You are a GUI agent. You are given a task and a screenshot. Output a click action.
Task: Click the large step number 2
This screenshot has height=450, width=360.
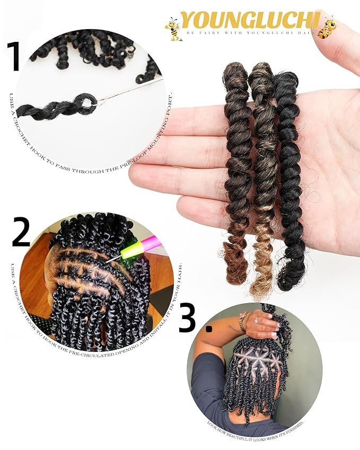pyautogui.click(x=21, y=233)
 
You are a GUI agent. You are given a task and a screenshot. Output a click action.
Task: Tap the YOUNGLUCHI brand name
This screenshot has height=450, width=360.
pyautogui.click(x=249, y=20)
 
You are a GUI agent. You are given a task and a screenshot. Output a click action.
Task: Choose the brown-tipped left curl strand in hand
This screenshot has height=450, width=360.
pyautogui.click(x=237, y=175)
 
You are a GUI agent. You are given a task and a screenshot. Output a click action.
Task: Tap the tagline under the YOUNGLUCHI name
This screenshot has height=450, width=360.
pyautogui.click(x=249, y=32)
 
